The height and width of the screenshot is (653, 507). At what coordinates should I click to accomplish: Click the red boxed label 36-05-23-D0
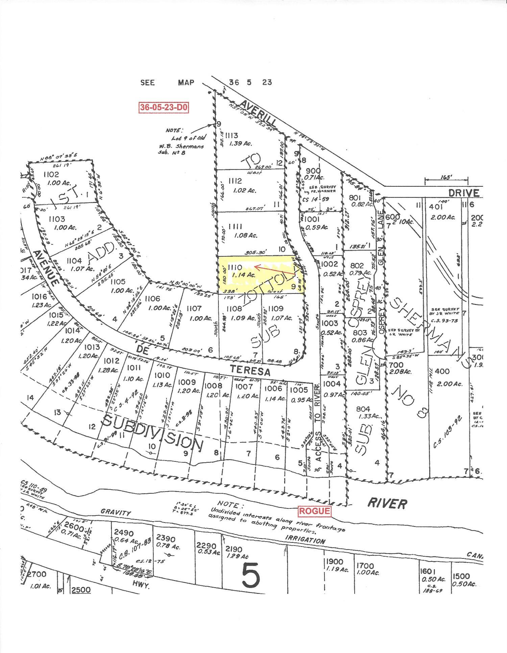[x=164, y=107]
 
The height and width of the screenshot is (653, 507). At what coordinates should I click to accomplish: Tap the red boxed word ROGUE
[x=314, y=511]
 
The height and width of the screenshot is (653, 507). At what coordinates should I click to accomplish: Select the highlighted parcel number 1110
[x=235, y=267]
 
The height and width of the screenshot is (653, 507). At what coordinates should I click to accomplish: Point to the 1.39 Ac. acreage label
[x=241, y=144]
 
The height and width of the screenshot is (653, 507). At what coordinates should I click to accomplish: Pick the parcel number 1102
[x=51, y=175]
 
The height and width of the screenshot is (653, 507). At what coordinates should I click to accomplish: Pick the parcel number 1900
[x=335, y=562]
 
